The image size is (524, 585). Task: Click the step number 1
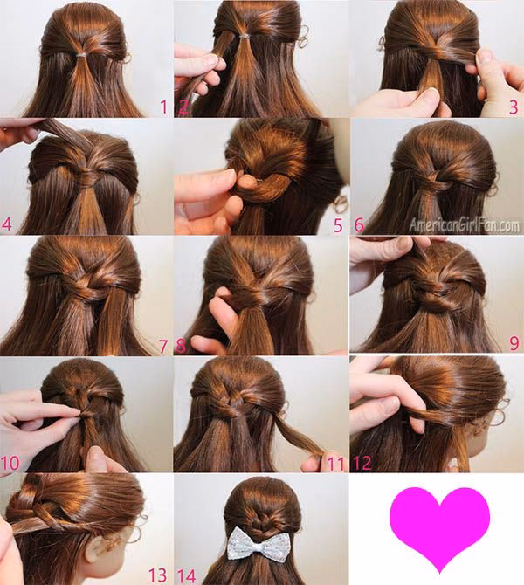(x=163, y=107)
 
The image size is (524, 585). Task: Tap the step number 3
(x=514, y=107)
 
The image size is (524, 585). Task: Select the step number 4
(x=7, y=224)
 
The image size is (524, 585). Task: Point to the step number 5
(x=338, y=225)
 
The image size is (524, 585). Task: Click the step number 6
(x=359, y=225)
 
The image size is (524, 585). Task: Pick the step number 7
(x=162, y=347)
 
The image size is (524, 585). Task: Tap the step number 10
(x=10, y=463)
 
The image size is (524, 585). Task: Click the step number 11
(x=335, y=464)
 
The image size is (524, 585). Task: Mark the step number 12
(x=362, y=463)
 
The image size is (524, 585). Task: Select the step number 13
(x=157, y=575)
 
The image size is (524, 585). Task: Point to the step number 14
(x=186, y=575)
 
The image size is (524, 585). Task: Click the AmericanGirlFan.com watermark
(x=464, y=225)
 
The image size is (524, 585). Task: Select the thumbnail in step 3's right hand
(x=485, y=57)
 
